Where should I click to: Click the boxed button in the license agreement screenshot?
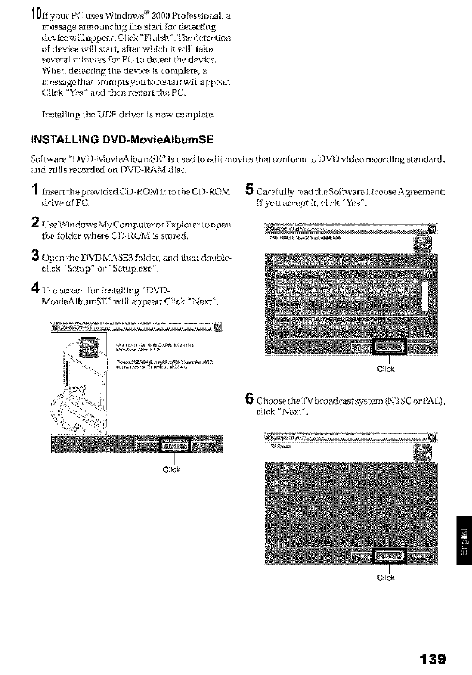click(389, 348)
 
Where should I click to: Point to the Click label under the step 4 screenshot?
click(174, 471)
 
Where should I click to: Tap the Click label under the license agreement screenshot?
click(389, 370)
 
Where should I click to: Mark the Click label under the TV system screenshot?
click(389, 577)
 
